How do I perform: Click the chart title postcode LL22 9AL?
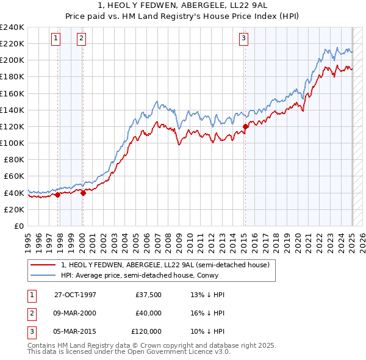247,5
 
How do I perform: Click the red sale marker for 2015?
245,127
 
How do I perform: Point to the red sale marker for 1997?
58,195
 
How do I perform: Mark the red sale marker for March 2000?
83,193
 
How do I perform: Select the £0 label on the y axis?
18,226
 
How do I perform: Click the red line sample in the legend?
43,265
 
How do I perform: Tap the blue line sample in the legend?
43,275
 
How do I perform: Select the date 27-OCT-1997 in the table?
75,295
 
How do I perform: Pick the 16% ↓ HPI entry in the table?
208,313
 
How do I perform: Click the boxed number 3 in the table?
30,331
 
